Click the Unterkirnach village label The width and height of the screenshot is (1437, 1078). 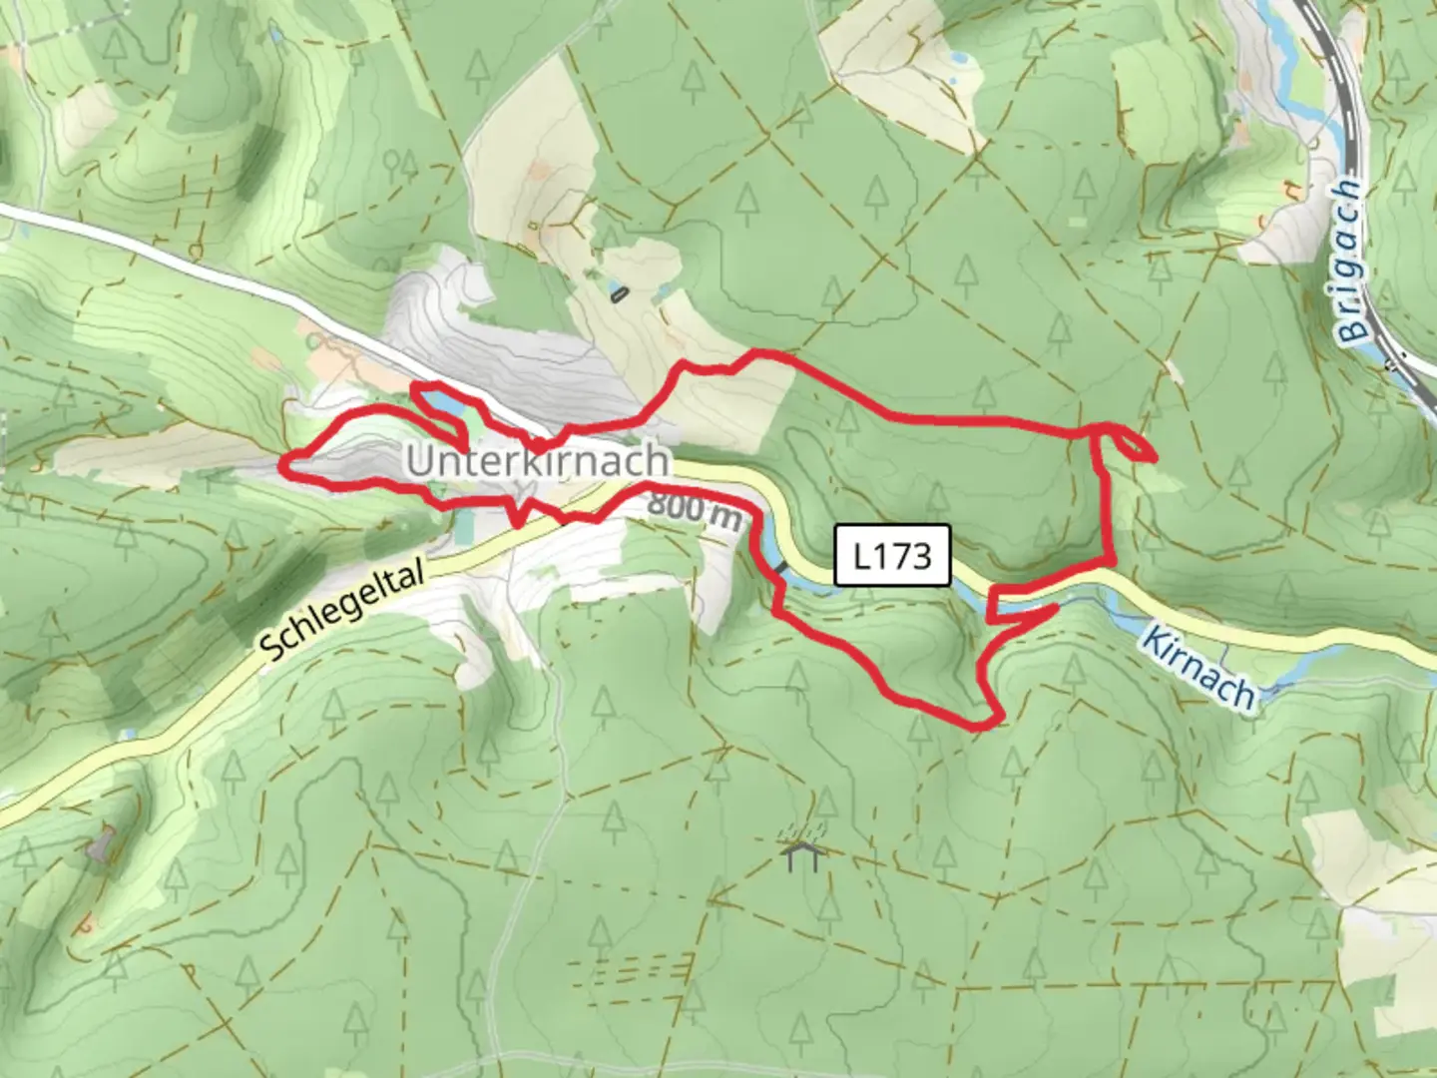(538, 460)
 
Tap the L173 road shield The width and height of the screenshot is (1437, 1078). (893, 555)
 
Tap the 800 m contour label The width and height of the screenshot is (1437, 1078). (695, 511)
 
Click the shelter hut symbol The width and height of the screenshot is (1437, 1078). (801, 854)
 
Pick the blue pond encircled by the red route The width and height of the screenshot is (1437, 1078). (440, 402)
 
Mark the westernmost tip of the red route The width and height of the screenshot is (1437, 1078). (282, 462)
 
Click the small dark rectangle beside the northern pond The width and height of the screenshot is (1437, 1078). (619, 293)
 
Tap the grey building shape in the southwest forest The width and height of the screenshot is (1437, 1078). (97, 847)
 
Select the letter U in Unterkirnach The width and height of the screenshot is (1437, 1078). (420, 461)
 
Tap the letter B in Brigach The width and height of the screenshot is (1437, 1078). (1354, 327)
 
